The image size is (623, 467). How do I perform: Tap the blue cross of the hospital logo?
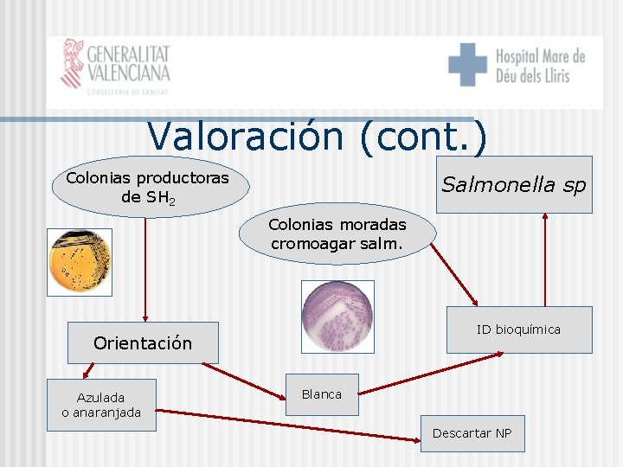coord(467,64)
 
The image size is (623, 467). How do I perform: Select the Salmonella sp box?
coord(514,184)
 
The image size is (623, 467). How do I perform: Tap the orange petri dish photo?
coord(80,261)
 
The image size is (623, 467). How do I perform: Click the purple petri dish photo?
coord(337,316)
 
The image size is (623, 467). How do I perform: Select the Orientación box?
coord(143,342)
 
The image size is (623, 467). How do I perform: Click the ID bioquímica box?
coord(518,329)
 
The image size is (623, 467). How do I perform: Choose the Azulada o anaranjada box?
coord(101,405)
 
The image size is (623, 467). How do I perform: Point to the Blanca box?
coord(322,394)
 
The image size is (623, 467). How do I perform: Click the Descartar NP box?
coord(472,432)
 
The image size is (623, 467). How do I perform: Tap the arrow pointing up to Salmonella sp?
coord(544,259)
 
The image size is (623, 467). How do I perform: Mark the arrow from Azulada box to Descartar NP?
coord(286,426)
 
